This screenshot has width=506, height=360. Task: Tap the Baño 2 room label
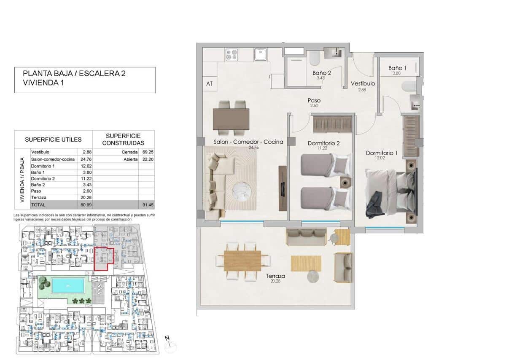[322, 73]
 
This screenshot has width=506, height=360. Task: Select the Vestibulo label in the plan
[363, 84]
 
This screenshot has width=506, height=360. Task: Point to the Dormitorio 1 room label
[381, 153]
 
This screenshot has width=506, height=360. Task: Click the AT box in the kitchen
[210, 83]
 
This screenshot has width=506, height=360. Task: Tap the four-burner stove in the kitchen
[231, 55]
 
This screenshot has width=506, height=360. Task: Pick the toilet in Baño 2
[314, 59]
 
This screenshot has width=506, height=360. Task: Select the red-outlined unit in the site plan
[104, 259]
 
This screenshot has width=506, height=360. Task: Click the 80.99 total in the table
[83, 204]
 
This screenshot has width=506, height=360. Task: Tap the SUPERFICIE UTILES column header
[53, 140]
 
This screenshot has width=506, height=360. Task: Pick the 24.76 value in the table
[83, 159]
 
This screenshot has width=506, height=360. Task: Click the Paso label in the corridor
[314, 101]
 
